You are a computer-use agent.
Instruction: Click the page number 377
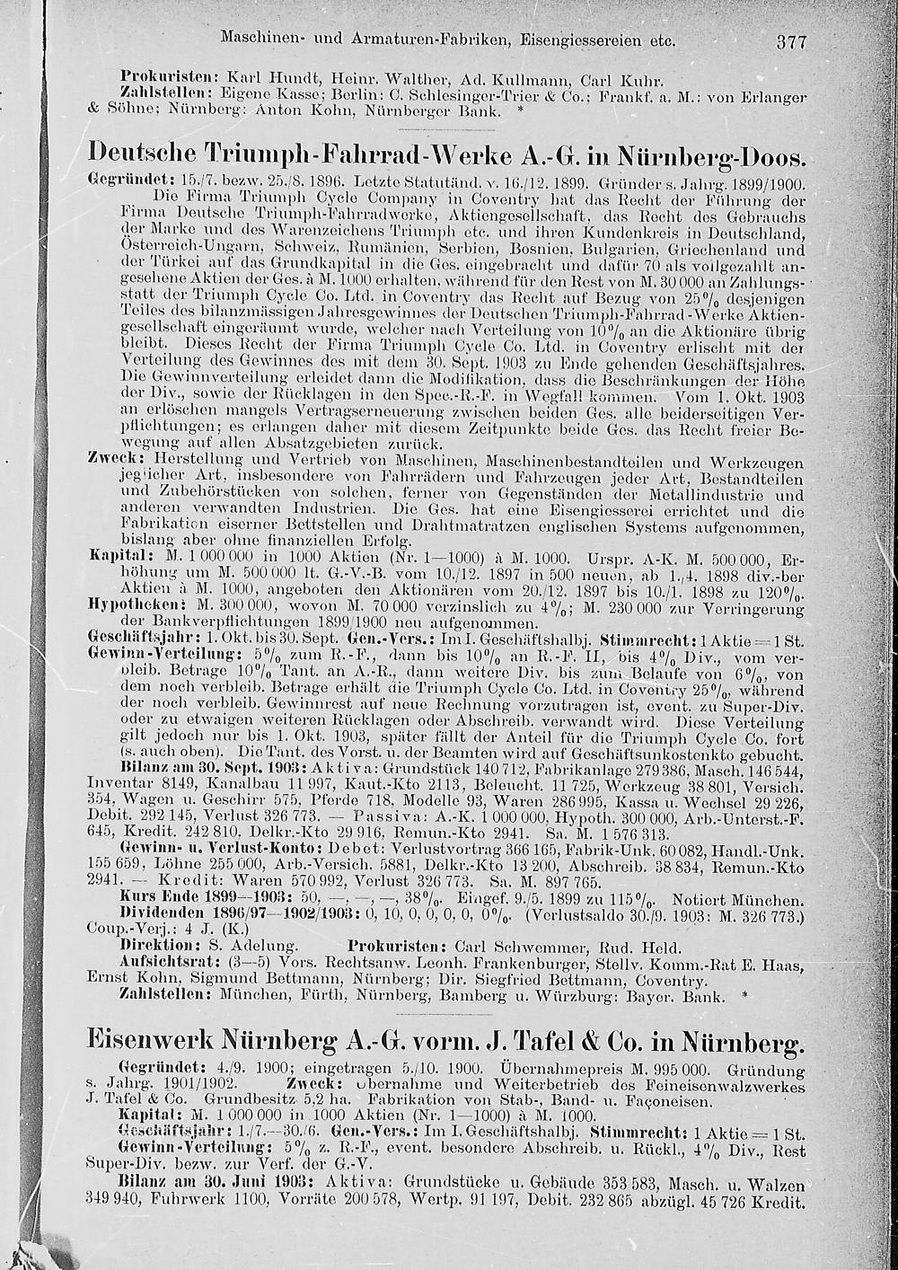click(x=792, y=41)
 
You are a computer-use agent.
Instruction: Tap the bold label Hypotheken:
click(x=126, y=605)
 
